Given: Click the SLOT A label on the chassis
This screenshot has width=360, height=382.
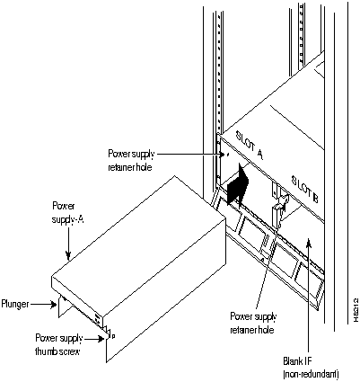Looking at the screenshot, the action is click(x=250, y=144).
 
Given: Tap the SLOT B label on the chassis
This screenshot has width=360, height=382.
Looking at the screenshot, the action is click(x=305, y=189).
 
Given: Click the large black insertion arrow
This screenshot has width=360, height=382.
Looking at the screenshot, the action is click(x=238, y=183).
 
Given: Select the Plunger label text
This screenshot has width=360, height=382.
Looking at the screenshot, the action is click(x=15, y=304).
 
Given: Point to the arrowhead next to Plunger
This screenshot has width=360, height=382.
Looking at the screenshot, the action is click(x=54, y=305).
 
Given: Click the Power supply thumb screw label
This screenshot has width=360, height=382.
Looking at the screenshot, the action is click(x=59, y=344).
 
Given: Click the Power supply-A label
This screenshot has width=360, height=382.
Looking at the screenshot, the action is click(x=67, y=213).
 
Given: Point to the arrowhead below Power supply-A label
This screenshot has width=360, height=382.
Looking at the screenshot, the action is click(x=69, y=255).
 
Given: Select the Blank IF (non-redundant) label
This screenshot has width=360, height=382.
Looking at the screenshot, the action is click(x=311, y=367).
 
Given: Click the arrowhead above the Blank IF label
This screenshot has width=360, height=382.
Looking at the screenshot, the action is click(x=310, y=244).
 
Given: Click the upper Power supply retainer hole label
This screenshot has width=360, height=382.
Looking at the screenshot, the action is click(x=131, y=160).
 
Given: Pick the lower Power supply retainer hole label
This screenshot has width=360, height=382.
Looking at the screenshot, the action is click(x=253, y=323).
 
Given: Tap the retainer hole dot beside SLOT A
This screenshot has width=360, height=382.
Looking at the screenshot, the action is click(x=226, y=155).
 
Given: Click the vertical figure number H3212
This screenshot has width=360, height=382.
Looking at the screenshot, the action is click(x=356, y=310).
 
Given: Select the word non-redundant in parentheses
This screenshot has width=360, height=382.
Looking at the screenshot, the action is click(x=311, y=373).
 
